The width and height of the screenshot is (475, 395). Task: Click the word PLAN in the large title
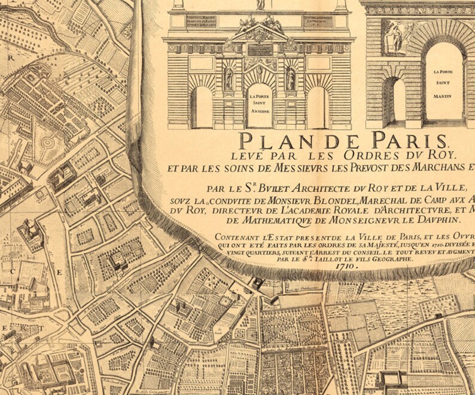(x=270, y=141)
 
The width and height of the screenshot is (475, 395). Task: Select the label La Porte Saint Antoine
(x=260, y=103)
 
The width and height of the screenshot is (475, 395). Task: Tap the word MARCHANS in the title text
(x=431, y=167)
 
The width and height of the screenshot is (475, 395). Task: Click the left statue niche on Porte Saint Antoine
(x=229, y=78)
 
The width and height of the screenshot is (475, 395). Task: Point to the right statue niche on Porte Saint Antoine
(x=291, y=78)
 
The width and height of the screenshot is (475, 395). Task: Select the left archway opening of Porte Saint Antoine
(x=202, y=108)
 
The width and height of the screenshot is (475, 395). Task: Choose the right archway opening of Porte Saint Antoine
(x=316, y=108)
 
